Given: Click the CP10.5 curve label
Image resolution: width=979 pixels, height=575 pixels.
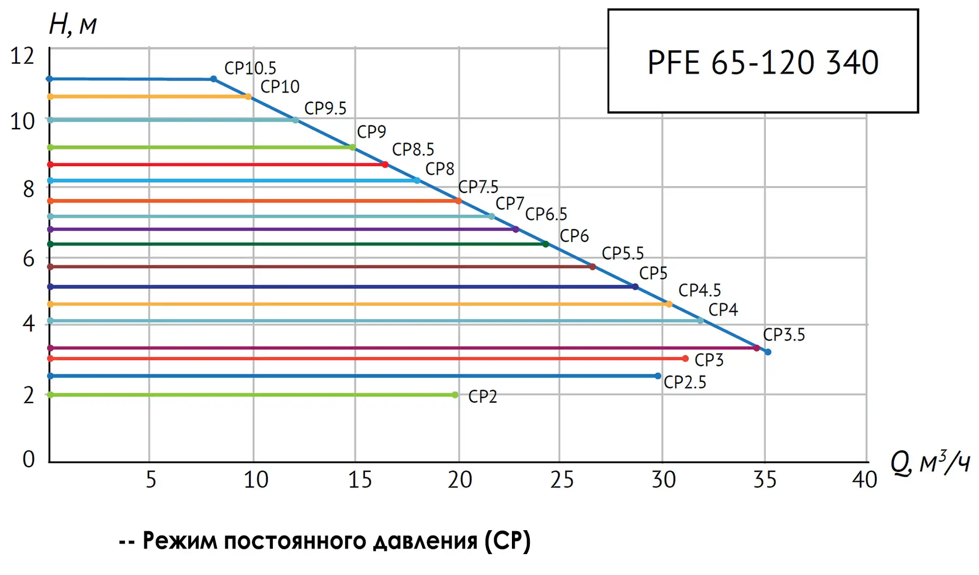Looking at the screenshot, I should click(x=250, y=68).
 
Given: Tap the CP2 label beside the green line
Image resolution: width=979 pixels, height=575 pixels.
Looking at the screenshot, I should click(x=482, y=396).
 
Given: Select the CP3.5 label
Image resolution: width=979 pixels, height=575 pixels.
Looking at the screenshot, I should click(x=784, y=335).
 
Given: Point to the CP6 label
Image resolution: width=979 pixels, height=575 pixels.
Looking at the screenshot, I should click(x=574, y=236).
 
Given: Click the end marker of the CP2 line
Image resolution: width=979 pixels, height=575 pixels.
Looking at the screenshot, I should click(x=455, y=395).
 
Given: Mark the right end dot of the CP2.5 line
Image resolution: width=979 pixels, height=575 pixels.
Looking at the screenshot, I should click(x=658, y=376).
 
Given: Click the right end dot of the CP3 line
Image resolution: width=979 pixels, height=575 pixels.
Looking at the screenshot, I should click(x=685, y=359).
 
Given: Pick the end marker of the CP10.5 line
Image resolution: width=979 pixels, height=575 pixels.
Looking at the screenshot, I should click(x=214, y=79).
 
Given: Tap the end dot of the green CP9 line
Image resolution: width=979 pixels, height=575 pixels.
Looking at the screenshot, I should click(x=352, y=147).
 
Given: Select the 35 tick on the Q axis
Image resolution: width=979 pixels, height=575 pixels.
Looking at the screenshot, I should click(x=765, y=480).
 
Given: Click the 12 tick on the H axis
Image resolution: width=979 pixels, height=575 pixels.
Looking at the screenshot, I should click(x=22, y=56).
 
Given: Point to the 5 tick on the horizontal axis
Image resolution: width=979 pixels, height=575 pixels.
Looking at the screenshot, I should click(x=151, y=480).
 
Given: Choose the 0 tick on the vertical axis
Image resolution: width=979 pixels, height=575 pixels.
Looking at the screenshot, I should click(x=29, y=459).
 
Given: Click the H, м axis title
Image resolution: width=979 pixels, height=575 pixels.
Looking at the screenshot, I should click(x=72, y=24).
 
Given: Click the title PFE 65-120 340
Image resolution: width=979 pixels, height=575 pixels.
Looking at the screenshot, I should click(x=763, y=62).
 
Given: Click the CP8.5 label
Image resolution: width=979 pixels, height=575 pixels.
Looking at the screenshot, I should click(x=413, y=150).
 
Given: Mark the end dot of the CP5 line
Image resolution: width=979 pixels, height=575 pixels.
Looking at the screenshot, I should click(x=635, y=287).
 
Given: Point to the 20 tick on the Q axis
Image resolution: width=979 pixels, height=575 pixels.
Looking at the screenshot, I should click(x=459, y=480).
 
